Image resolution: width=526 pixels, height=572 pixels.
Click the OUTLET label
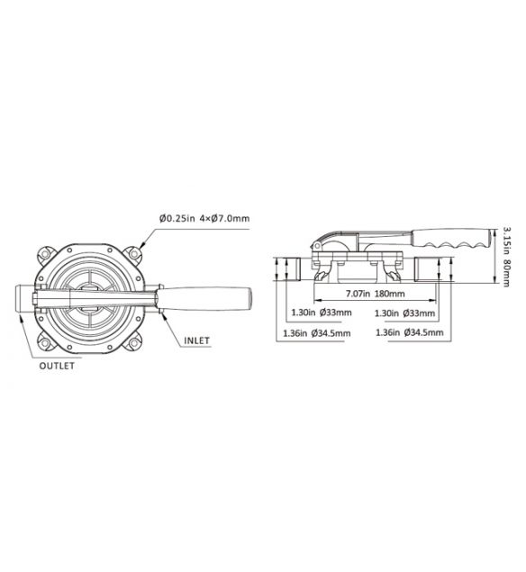(x=56, y=366)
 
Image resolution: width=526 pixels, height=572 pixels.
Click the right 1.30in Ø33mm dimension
(x=404, y=313)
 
